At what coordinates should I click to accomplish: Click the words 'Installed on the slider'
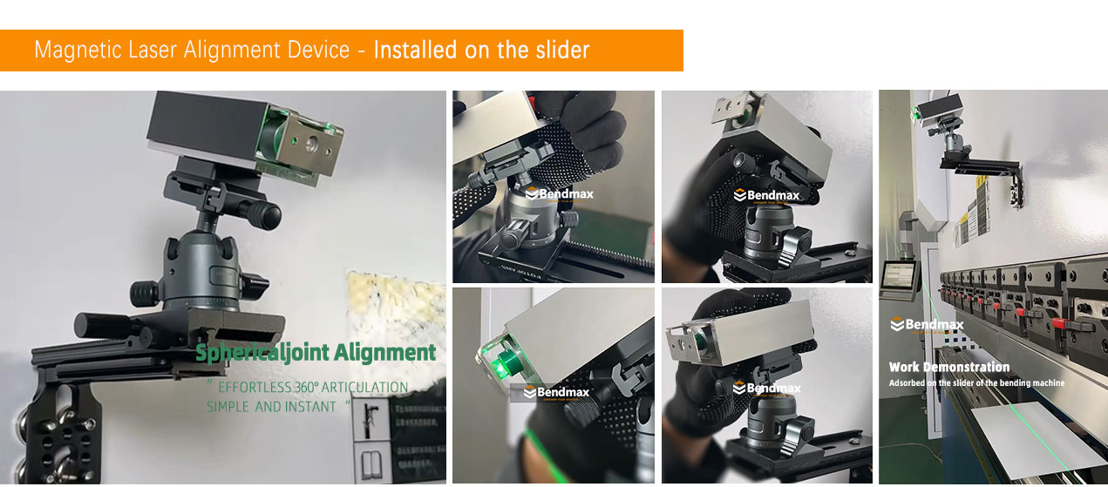click(x=481, y=50)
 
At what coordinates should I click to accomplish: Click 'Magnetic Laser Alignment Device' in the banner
click(x=192, y=50)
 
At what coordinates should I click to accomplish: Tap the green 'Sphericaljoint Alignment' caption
click(x=315, y=353)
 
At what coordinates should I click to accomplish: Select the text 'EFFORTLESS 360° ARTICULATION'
click(x=312, y=387)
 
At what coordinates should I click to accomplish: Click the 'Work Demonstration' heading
click(x=948, y=367)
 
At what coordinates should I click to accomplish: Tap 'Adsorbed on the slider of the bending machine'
click(x=976, y=382)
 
